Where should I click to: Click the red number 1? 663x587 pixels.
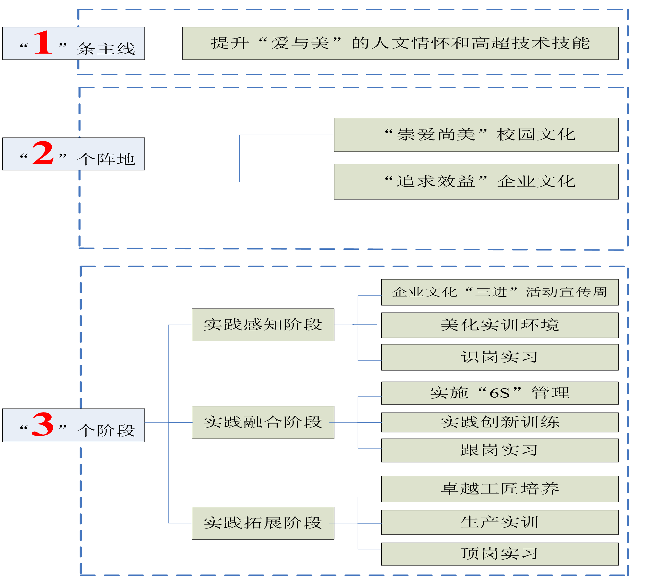pos(43,43)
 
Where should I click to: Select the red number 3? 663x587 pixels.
pos(43,424)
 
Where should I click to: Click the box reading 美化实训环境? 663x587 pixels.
pos(499,325)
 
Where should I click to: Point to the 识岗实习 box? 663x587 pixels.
pos(499,357)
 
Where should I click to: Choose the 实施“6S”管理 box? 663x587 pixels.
pos(499,393)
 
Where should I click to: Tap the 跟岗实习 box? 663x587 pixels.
pos(499,450)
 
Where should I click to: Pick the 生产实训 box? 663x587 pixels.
pos(499,522)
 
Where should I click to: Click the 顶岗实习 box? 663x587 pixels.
pos(499,553)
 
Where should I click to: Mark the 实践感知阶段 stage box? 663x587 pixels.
pos(263,325)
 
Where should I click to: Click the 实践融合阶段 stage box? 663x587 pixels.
pos(263,422)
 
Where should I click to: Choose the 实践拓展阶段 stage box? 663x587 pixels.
pos(263,523)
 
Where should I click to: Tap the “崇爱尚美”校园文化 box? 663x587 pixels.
pos(476,135)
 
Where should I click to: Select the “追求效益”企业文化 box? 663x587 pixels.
pos(476,182)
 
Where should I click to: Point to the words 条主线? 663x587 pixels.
pos(106,49)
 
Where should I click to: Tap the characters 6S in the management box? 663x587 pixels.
pos(499,393)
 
